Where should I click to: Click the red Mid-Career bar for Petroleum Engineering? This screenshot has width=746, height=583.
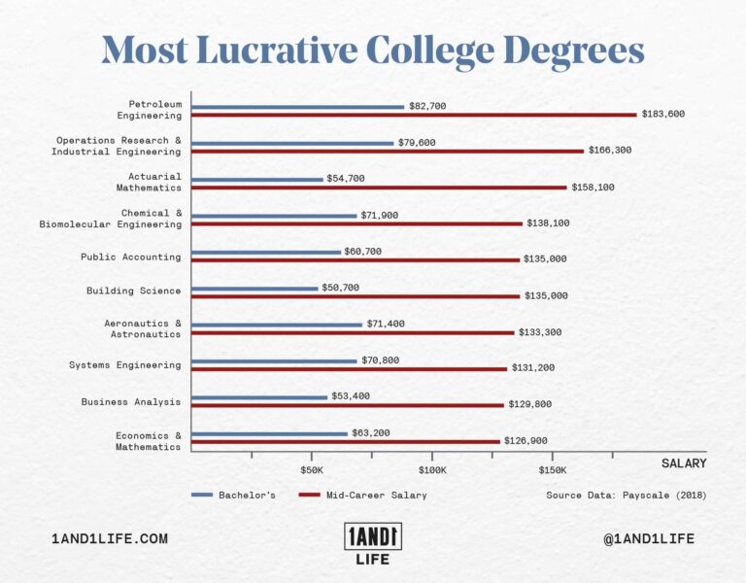tap(414, 115)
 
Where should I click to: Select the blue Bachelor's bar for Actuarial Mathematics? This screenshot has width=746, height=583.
tap(257, 179)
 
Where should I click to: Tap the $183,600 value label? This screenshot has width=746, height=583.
tap(663, 115)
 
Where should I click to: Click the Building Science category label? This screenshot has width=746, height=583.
tap(133, 291)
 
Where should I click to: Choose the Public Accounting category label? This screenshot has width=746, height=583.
tap(130, 257)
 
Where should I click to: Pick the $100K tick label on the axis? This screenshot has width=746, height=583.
tap(431, 469)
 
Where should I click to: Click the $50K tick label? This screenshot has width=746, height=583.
tap(311, 469)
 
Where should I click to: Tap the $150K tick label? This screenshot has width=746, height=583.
tap(552, 469)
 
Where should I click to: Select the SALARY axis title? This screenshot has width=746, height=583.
tap(684, 463)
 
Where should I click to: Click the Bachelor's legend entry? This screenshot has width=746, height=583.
tap(233, 495)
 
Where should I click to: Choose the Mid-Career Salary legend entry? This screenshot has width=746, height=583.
tap(362, 495)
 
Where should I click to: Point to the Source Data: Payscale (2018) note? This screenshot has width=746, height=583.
tap(626, 495)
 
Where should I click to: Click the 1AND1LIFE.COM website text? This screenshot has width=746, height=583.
tap(110, 538)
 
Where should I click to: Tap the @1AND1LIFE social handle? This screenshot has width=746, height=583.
tap(649, 538)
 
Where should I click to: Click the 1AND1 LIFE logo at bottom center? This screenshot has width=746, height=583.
tap(373, 544)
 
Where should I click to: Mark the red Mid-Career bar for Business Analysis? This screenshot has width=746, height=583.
tap(348, 405)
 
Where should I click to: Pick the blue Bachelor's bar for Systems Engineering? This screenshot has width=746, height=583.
tap(275, 360)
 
